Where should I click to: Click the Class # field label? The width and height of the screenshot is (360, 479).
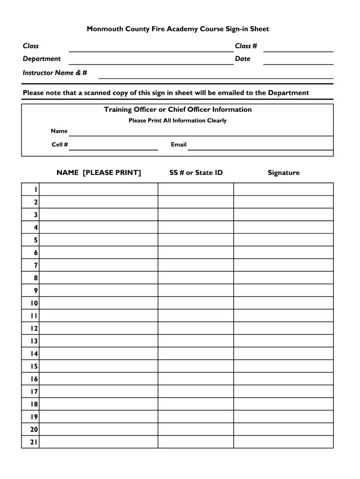246,46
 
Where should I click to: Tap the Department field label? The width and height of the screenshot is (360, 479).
42,59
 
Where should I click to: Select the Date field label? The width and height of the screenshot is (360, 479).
243,59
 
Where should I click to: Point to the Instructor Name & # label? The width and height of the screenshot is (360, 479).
55,73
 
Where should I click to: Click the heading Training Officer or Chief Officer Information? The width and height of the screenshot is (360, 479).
178,109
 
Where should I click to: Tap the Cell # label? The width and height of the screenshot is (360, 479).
60,145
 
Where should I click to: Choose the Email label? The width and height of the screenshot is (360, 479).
179,145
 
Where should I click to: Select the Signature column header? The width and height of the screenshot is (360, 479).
283,173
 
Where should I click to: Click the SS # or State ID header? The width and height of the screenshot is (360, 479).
196,173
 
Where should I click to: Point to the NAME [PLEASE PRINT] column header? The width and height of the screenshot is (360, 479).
99,173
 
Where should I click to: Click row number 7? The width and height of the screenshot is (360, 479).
36,265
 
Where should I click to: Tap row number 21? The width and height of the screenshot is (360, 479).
34,442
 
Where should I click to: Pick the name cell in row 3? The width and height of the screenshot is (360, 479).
99,215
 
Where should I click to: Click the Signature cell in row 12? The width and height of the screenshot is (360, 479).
283,328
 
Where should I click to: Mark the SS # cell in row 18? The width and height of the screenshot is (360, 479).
195,404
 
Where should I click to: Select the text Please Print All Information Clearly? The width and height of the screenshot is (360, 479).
178,121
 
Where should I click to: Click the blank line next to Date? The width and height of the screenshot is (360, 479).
298,62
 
